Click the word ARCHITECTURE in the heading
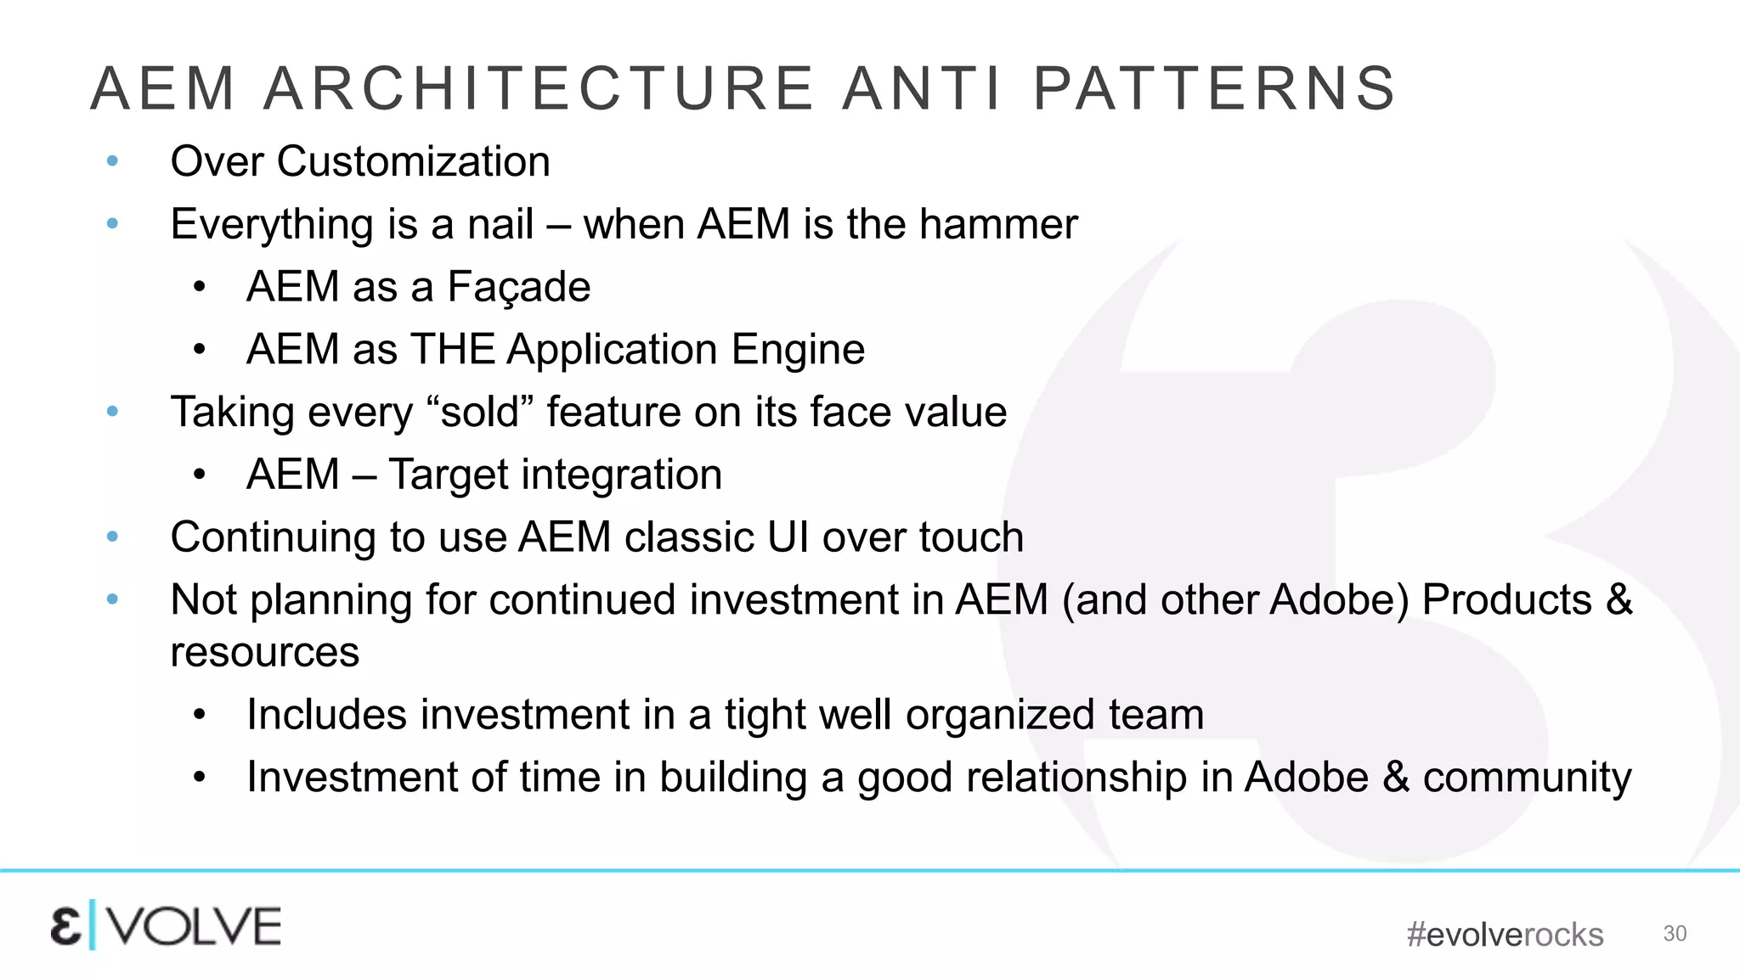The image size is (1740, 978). [539, 88]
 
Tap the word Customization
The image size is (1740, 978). [413, 161]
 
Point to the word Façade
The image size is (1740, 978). [518, 287]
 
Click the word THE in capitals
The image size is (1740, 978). [453, 349]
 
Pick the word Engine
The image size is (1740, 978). [798, 349]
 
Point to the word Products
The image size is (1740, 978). [1506, 599]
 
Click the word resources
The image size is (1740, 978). [264, 652]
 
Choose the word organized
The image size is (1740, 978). [1000, 714]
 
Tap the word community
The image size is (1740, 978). [1527, 777]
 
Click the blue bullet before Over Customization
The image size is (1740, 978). [112, 161]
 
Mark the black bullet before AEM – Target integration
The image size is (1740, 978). [199, 474]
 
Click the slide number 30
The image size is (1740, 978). [1675, 933]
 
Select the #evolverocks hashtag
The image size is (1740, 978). [1505, 935]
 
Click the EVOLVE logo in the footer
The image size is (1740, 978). [166, 925]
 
